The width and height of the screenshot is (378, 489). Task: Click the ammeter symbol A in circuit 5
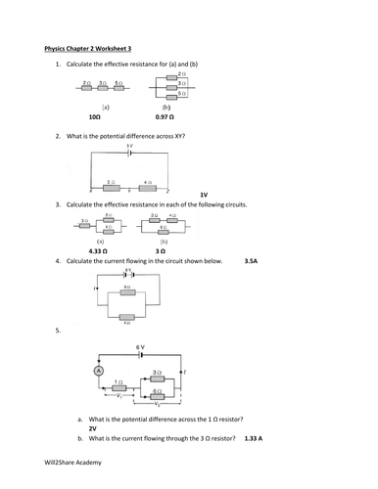[98, 371]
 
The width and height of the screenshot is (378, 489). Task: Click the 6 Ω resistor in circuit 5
[158, 390]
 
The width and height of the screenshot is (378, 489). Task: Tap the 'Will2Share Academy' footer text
[70, 467]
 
